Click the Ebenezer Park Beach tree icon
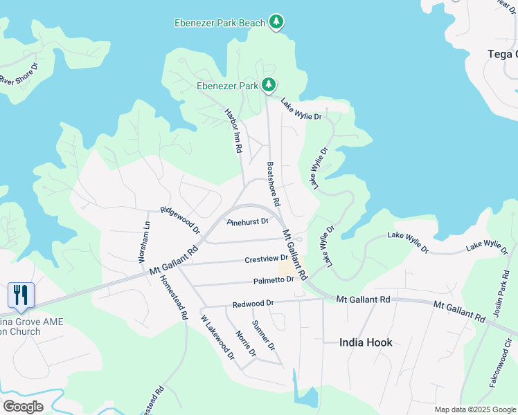pos(276,22)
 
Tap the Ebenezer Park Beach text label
pos(220,23)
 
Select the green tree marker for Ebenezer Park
pos(269,85)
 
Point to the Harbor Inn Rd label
pos(234,130)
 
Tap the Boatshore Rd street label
pos(273,185)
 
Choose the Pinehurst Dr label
pos(248,222)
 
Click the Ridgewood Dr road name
pos(180,219)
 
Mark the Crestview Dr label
pos(266,259)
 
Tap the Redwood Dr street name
pos(253,303)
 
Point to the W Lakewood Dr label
pos(217,338)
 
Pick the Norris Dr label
pos(245,343)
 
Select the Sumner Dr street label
pos(263,335)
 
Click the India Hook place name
pos(366,342)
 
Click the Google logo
pos(23,406)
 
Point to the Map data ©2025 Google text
pos(474,409)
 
